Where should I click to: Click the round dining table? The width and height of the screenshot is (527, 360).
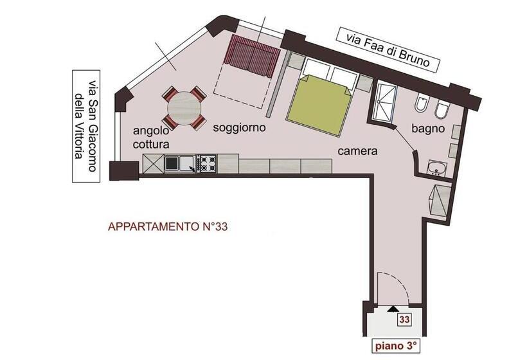pos(184,109)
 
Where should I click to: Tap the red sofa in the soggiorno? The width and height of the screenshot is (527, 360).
pos(251,57)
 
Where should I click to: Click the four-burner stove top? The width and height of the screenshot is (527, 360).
pos(207,164)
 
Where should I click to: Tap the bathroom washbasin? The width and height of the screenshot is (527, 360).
pos(437,168)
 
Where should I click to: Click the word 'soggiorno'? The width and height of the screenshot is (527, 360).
pos(239,128)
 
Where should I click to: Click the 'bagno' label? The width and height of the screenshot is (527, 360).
pos(429,128)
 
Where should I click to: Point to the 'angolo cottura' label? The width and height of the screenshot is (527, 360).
pos(152,138)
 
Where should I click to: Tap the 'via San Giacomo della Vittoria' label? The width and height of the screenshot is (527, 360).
pos(87,125)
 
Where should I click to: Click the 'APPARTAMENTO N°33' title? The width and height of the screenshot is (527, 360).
pos(168,226)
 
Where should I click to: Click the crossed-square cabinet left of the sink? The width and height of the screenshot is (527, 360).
pos(152,164)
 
